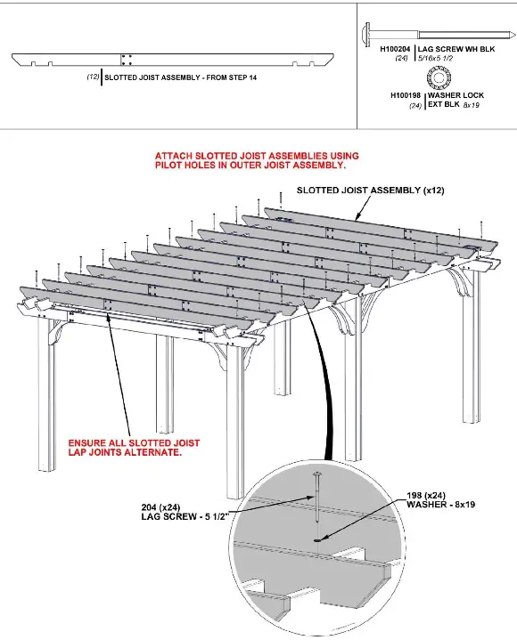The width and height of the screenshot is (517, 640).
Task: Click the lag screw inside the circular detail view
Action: (318, 507)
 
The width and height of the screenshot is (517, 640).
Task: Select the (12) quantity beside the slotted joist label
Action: (93, 78)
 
